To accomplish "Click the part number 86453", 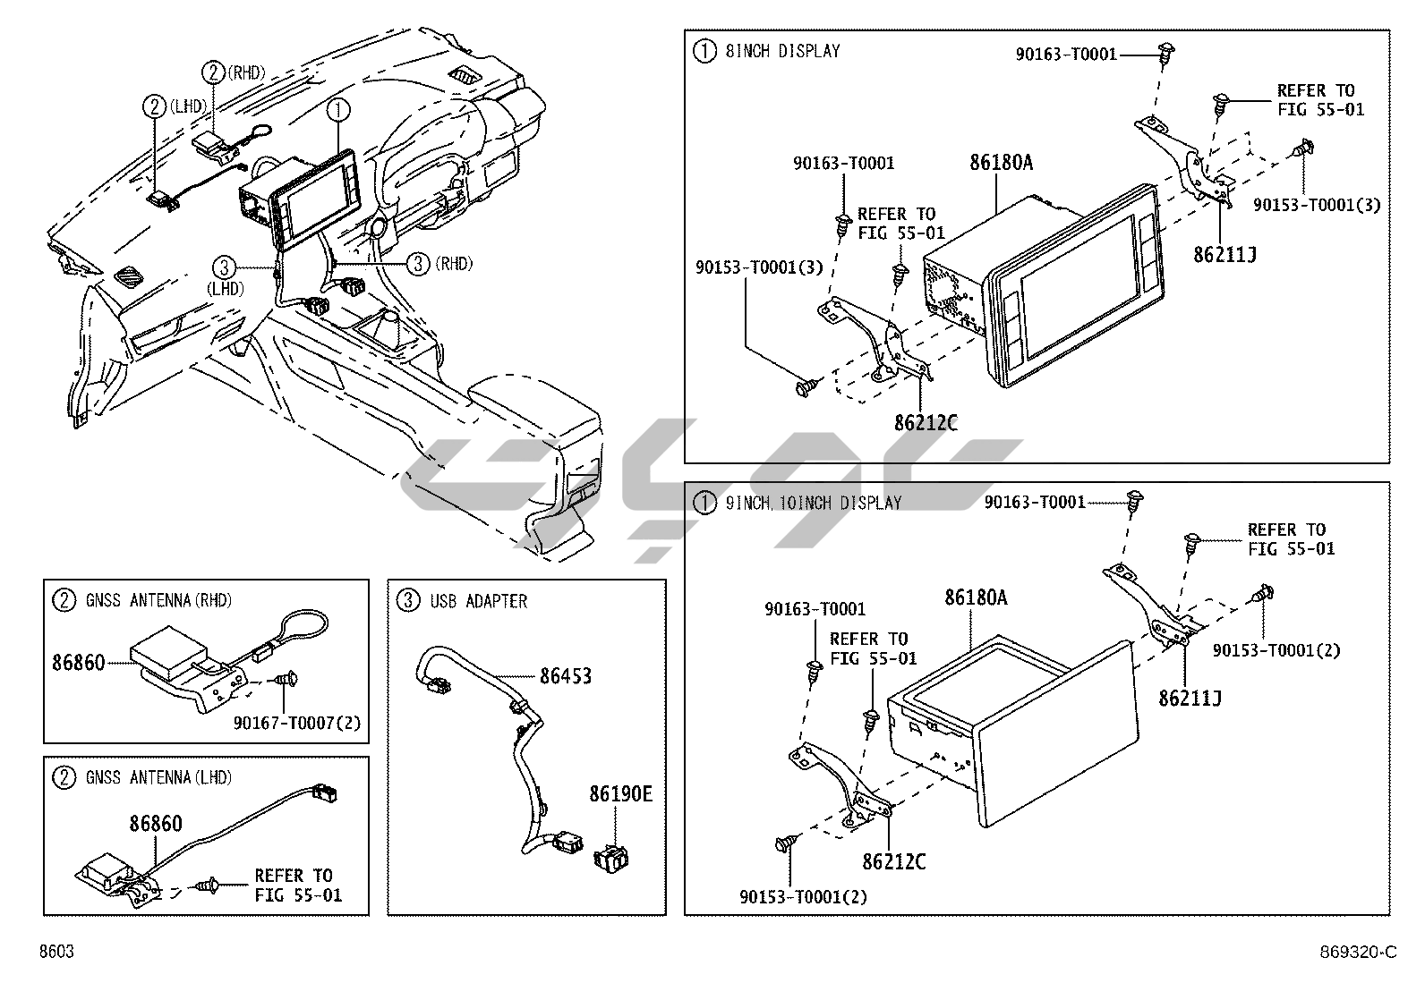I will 565,676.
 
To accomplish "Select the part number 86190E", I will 620,793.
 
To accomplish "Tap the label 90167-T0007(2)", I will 297,723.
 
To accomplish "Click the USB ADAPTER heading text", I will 478,601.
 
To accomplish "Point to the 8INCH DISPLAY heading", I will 781,51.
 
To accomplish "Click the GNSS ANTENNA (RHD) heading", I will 158,600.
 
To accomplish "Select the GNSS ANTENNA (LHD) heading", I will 158,778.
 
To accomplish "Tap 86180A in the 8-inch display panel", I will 1001,162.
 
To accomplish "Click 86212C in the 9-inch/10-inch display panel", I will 894,861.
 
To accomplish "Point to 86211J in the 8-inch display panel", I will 1224,255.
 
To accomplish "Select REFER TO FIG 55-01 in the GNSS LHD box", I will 297,886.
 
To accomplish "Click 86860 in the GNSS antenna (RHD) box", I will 78,663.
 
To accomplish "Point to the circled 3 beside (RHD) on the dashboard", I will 418,264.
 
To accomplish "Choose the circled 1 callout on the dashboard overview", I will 337,111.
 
